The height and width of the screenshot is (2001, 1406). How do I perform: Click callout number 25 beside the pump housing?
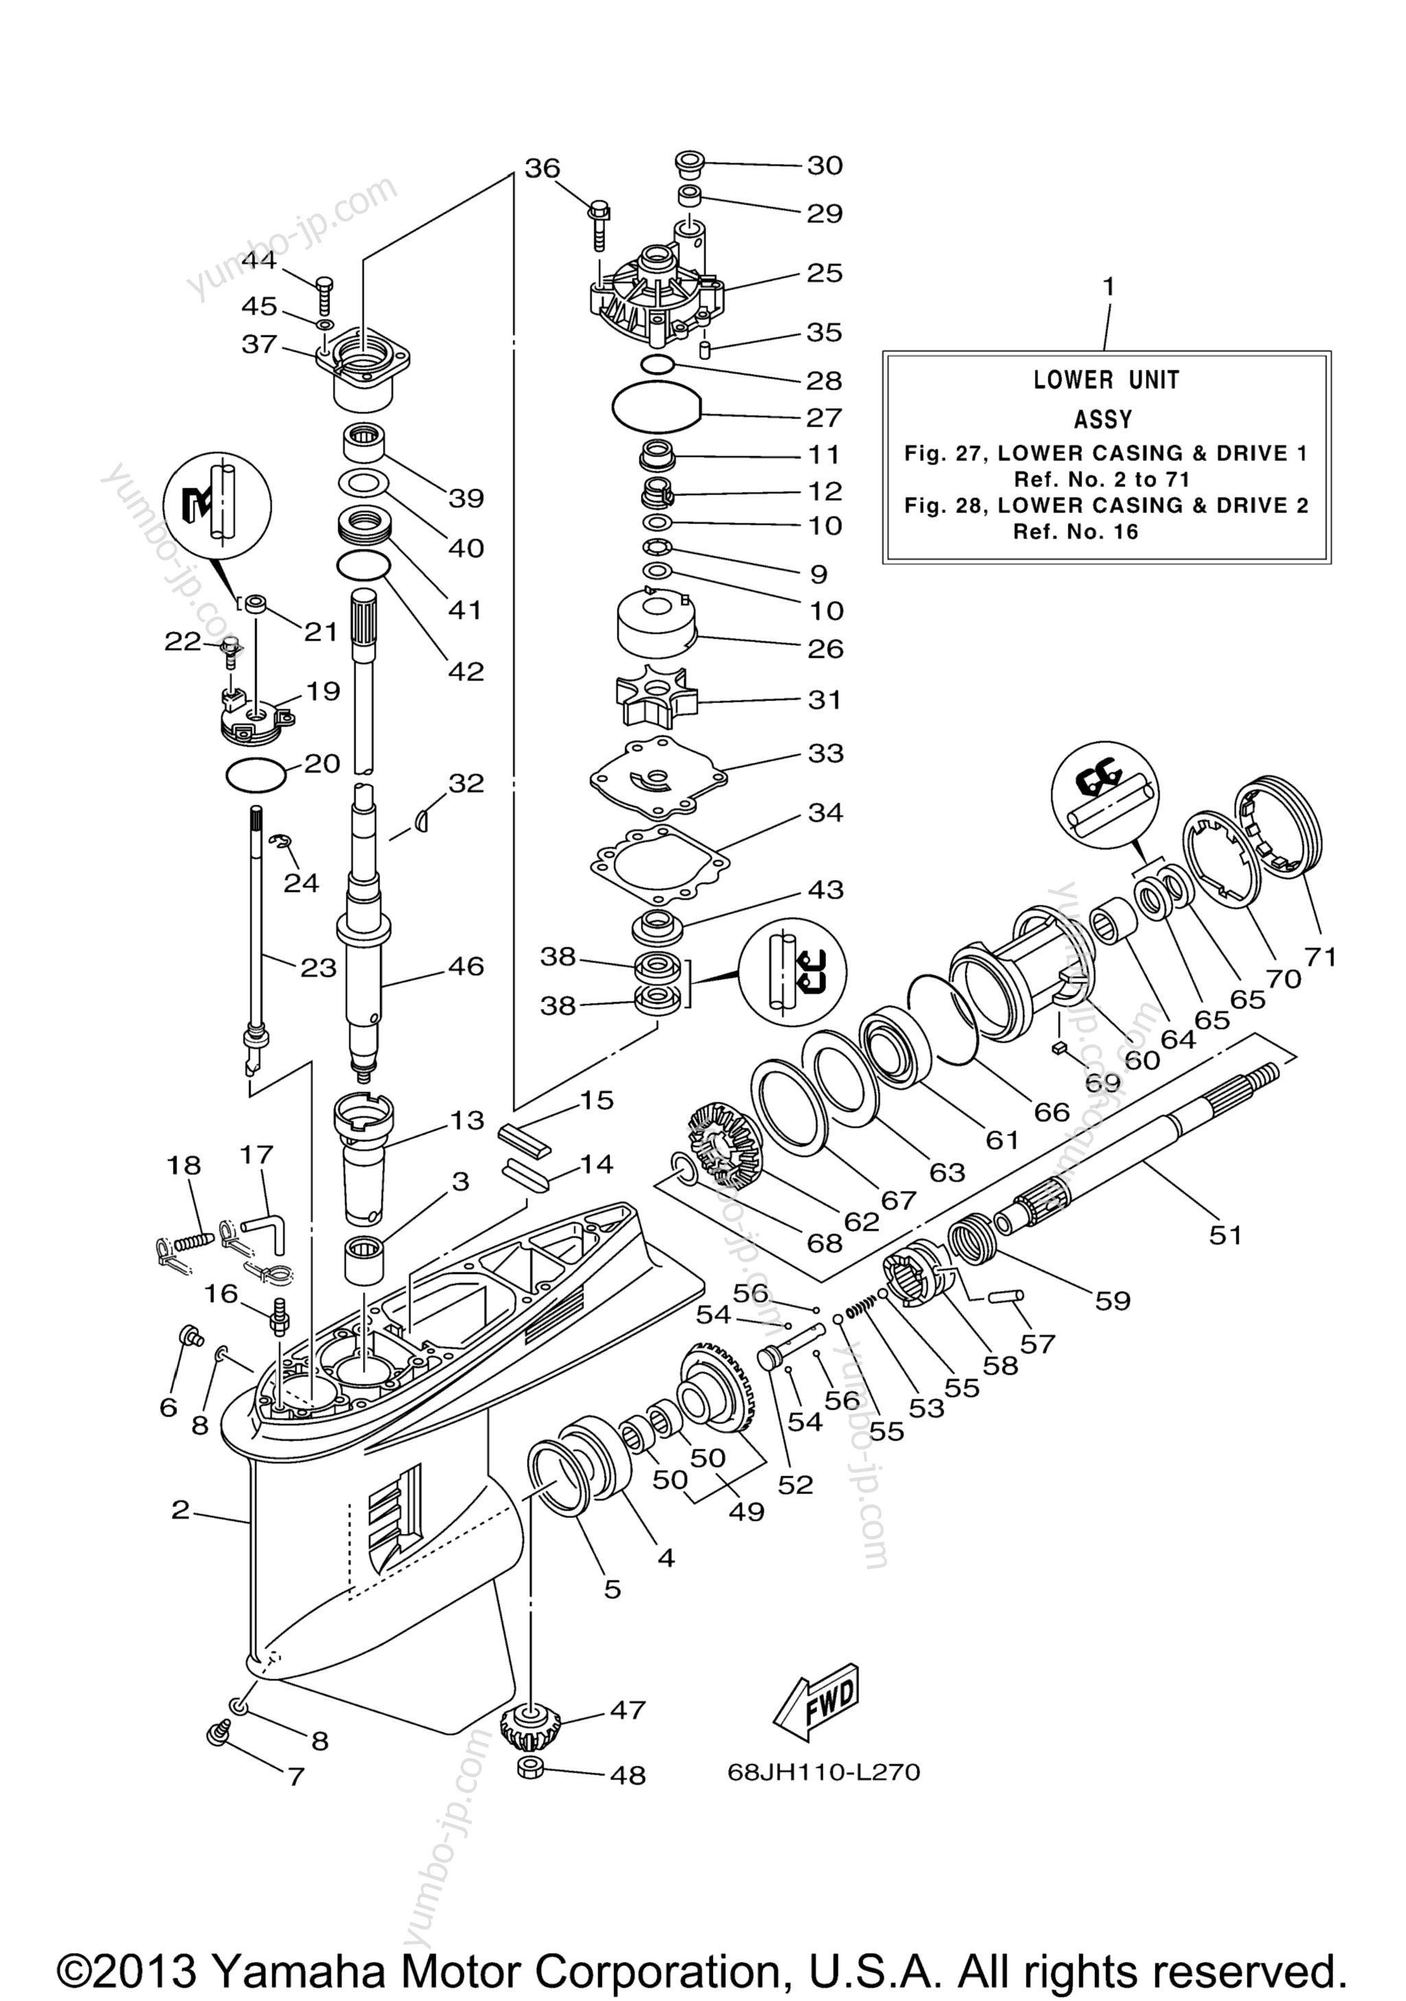point(823,273)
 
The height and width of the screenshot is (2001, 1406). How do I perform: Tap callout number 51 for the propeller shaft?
point(1225,1234)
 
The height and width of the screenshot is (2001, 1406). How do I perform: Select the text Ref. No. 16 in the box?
point(1075,532)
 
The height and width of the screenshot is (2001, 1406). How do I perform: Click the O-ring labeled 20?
point(255,774)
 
